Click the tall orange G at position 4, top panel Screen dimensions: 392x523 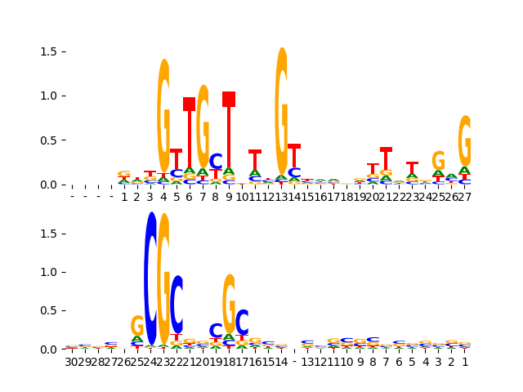(163, 114)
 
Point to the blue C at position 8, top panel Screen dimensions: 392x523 (216, 162)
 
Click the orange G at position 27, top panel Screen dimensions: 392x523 (465, 140)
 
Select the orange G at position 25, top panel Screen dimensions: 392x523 (438, 161)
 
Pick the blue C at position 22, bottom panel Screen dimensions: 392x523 (177, 304)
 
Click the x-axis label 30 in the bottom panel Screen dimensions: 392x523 (72, 362)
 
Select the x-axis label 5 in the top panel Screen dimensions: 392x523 (177, 197)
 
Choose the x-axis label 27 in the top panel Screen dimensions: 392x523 (465, 197)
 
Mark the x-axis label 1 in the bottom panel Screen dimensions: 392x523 (465, 362)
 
